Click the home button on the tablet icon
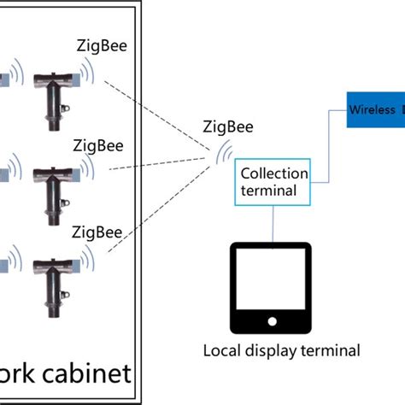pyautogui.click(x=272, y=321)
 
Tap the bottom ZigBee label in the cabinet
pyautogui.click(x=101, y=231)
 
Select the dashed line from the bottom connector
pyautogui.click(x=158, y=219)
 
